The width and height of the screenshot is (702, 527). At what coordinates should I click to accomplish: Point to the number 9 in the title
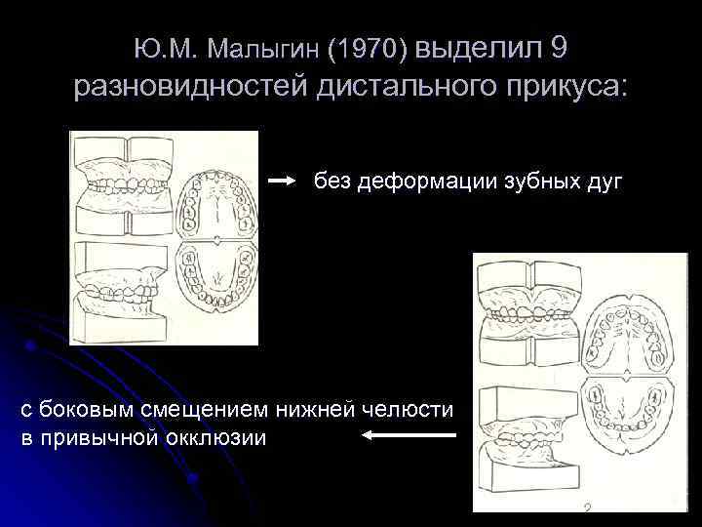point(558,47)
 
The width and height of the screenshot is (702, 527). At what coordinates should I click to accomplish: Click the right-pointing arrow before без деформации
point(282,181)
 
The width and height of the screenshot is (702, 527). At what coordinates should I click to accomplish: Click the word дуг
point(604,181)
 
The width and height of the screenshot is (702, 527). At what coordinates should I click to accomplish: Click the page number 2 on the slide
point(587,509)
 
